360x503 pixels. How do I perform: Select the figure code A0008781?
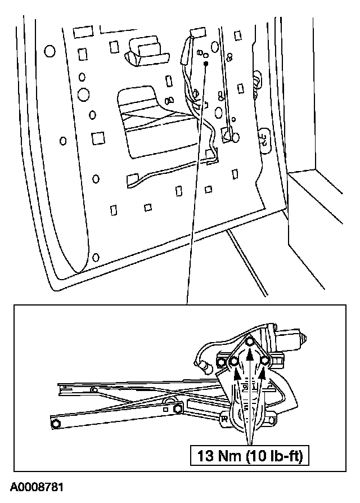point(35,485)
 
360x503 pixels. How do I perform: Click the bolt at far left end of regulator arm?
point(56,423)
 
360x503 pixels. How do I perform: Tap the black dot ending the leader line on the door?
point(206,65)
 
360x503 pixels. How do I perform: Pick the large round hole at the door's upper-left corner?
point(49,51)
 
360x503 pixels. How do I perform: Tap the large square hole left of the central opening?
point(99,138)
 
